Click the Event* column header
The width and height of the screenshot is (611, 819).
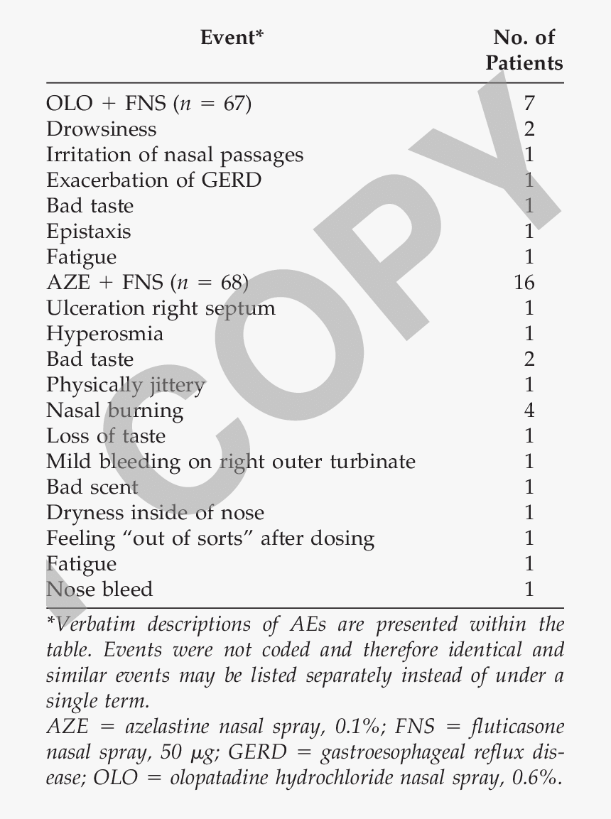click(x=232, y=37)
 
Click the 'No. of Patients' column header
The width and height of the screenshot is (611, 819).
click(x=524, y=50)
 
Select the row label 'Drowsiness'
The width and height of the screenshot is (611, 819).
click(x=102, y=129)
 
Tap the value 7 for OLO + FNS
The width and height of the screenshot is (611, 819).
click(x=528, y=104)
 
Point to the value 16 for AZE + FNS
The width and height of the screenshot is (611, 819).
click(x=524, y=283)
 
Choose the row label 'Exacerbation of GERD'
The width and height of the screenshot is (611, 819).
click(x=153, y=180)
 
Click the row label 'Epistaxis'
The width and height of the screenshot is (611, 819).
click(x=89, y=232)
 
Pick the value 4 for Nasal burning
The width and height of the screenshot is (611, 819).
click(x=528, y=411)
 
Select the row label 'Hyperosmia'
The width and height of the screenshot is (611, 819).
click(x=104, y=334)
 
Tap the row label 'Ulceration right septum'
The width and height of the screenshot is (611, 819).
click(x=161, y=308)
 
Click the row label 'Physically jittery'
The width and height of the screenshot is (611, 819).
click(x=126, y=385)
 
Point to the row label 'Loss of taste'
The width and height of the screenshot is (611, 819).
click(x=106, y=436)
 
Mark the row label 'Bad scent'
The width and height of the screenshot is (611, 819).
click(x=92, y=487)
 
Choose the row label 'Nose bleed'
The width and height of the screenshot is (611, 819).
click(x=99, y=590)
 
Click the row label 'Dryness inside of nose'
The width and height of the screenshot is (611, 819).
click(x=155, y=513)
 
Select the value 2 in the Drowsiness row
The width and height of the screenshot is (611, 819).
click(x=528, y=129)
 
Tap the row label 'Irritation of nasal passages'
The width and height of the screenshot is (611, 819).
click(x=175, y=155)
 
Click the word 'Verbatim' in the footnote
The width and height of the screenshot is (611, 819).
click(x=90, y=625)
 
